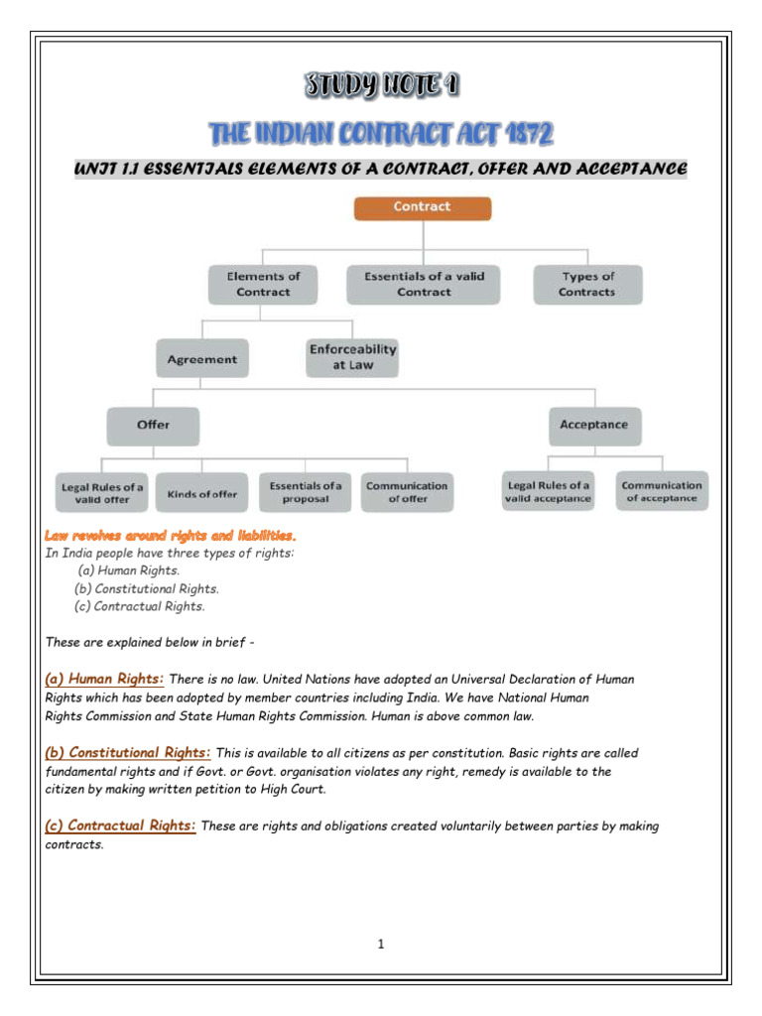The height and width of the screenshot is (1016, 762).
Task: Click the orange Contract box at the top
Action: coord(423,207)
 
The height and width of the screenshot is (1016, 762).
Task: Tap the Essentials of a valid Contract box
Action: coord(424,284)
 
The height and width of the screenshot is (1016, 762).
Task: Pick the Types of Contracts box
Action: coord(587,284)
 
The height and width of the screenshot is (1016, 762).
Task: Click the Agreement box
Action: coord(202,359)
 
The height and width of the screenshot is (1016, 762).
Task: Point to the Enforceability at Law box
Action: coord(352,357)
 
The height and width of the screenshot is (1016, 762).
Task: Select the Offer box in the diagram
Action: coord(153,425)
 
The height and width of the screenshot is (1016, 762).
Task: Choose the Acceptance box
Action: coord(593,425)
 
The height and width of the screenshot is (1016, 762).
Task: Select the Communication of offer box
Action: coord(407,492)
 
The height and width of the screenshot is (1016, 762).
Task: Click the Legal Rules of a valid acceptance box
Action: coord(549,491)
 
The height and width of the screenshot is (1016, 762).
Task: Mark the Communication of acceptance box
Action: coord(662,491)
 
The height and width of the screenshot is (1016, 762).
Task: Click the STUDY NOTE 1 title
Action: coord(381,87)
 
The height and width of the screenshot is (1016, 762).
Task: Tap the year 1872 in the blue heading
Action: coord(525,133)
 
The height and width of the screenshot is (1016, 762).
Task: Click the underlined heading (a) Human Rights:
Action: coord(105,679)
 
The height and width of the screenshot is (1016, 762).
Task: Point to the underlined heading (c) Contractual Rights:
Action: coord(121,825)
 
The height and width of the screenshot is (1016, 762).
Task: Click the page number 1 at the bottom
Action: coord(380,944)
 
